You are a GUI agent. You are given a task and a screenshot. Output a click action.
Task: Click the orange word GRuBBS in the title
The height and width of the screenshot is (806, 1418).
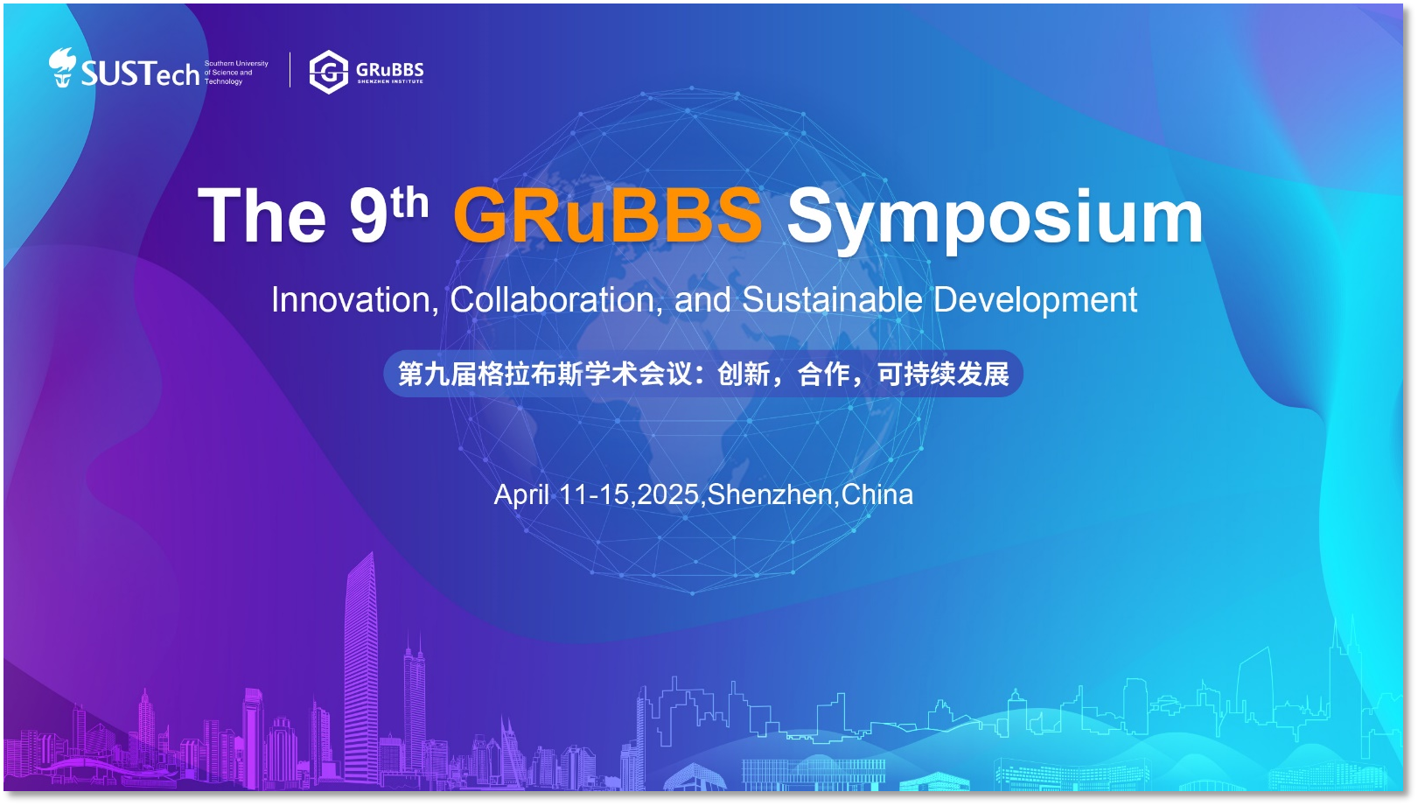[x=608, y=214]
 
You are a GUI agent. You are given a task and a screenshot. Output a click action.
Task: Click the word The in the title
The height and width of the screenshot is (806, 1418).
[x=262, y=215]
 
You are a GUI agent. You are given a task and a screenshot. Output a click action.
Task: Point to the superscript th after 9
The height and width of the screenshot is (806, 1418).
[x=409, y=203]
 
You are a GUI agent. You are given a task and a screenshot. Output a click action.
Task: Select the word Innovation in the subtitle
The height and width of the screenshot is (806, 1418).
[x=355, y=299]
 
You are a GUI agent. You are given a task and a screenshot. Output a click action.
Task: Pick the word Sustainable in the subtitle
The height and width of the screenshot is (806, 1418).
[x=832, y=299]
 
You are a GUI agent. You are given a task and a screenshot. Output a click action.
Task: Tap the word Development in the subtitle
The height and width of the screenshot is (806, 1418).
[x=1036, y=301]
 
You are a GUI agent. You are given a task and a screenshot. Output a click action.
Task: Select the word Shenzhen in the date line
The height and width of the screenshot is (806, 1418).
[x=770, y=494]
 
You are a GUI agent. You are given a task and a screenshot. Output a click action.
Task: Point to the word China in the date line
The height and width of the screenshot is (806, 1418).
[x=877, y=494]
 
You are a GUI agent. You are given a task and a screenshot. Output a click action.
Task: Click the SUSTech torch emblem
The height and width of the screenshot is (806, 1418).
[x=63, y=67]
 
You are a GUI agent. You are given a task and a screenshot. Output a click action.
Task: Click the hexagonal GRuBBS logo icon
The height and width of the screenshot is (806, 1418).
[x=329, y=72]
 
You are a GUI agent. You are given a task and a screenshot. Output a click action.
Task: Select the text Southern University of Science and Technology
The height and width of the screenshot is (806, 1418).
[x=236, y=72]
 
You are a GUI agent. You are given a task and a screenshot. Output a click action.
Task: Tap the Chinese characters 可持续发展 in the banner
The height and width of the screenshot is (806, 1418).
[x=943, y=375]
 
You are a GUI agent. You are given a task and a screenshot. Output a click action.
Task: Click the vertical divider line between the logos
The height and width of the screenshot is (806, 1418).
[x=290, y=70]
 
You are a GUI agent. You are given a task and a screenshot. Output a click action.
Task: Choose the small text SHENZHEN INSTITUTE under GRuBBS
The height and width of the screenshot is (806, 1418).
[x=390, y=81]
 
